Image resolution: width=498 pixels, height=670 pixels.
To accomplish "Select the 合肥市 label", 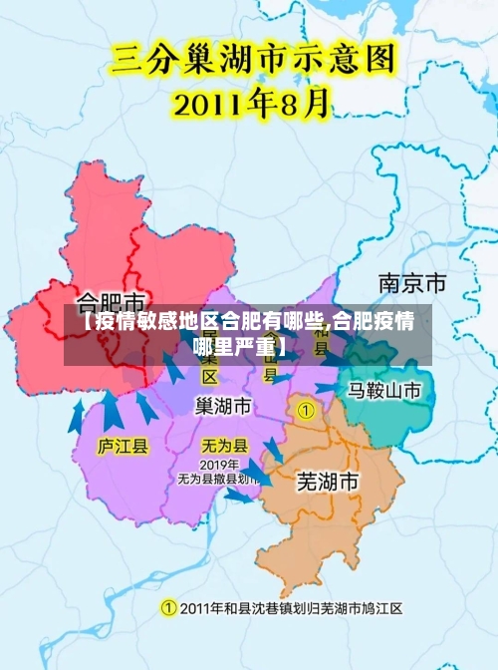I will click(112, 300).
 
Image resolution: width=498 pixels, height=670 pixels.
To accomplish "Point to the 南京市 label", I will click(412, 283).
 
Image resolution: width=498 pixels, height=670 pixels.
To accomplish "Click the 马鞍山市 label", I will click(384, 390).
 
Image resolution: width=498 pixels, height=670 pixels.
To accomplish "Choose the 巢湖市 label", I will click(223, 407).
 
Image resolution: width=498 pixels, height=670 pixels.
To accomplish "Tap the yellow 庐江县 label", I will click(123, 446).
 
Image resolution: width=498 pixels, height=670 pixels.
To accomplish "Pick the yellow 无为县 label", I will click(225, 445).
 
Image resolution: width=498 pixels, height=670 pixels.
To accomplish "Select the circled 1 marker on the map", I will click(306, 409).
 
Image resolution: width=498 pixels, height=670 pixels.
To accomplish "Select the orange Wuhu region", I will click(329, 518).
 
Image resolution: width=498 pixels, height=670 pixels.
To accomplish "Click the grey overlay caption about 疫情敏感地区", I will click(248, 334).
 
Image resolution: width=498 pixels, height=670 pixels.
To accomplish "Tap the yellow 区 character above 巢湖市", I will click(210, 377).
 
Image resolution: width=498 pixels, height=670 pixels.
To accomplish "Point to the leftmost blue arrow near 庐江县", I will click(77, 414).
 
